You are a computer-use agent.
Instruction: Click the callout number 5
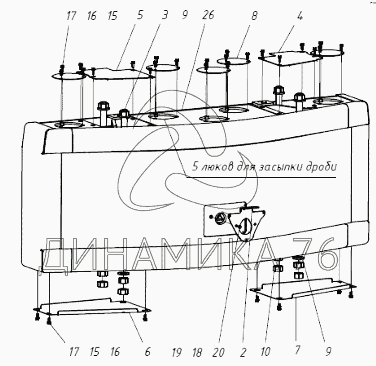[x=140, y=16]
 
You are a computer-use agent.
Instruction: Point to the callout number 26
[x=208, y=16]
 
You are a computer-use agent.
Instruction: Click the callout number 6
[x=148, y=352]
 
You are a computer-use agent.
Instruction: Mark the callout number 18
[x=198, y=352]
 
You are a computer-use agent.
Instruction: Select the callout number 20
[x=219, y=352]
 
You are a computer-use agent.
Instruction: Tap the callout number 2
[x=243, y=352]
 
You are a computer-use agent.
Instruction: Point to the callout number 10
[x=265, y=352]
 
